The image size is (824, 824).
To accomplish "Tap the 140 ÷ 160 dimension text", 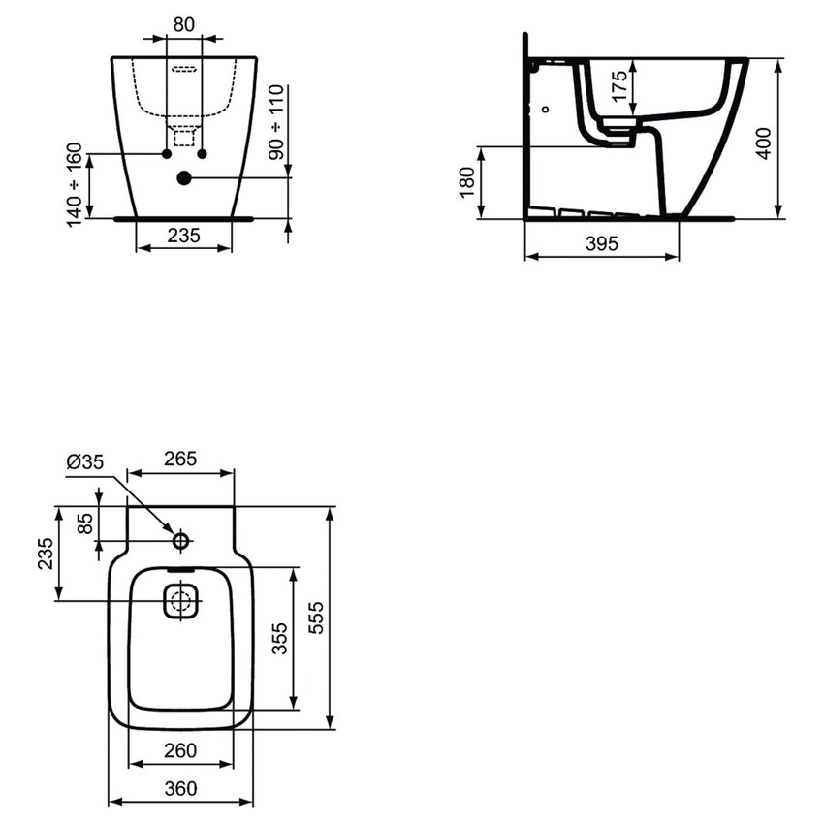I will click(x=75, y=185).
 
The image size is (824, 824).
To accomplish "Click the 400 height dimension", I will click(x=765, y=142).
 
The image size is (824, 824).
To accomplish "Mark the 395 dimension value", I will click(x=601, y=244).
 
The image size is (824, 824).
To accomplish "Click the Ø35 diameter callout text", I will click(x=85, y=463).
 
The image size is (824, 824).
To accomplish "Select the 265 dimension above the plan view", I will click(x=181, y=459).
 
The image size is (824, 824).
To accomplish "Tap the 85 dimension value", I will click(x=86, y=523).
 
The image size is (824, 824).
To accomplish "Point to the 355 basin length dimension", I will click(x=279, y=640).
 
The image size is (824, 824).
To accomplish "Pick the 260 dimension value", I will click(x=180, y=749).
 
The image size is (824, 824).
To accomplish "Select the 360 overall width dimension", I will click(x=180, y=788).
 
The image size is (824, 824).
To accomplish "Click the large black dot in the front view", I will click(x=184, y=178).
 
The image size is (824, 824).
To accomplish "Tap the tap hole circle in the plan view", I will click(x=180, y=540).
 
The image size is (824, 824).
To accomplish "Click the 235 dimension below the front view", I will click(x=184, y=235).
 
